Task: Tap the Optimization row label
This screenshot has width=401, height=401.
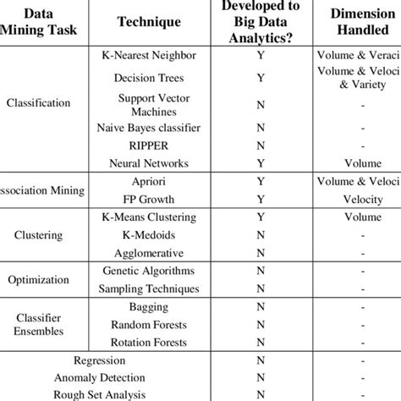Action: [x=39, y=280]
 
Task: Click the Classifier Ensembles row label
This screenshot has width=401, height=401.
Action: [x=39, y=325]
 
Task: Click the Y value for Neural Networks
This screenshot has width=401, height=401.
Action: [x=260, y=162]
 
